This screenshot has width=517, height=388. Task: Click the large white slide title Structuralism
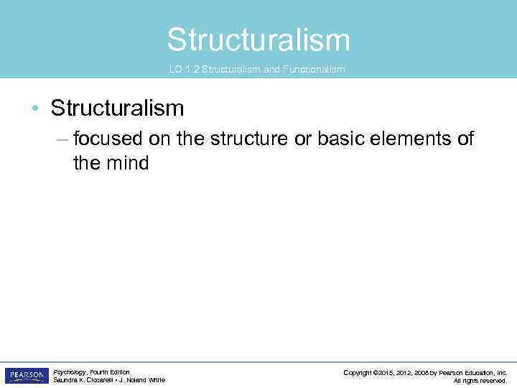(258, 40)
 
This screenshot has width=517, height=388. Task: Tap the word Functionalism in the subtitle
(318, 70)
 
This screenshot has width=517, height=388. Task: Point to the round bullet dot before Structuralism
(35, 109)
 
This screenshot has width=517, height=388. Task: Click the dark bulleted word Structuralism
(117, 108)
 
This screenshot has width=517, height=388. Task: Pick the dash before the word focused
(62, 139)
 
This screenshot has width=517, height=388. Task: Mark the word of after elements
(465, 139)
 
